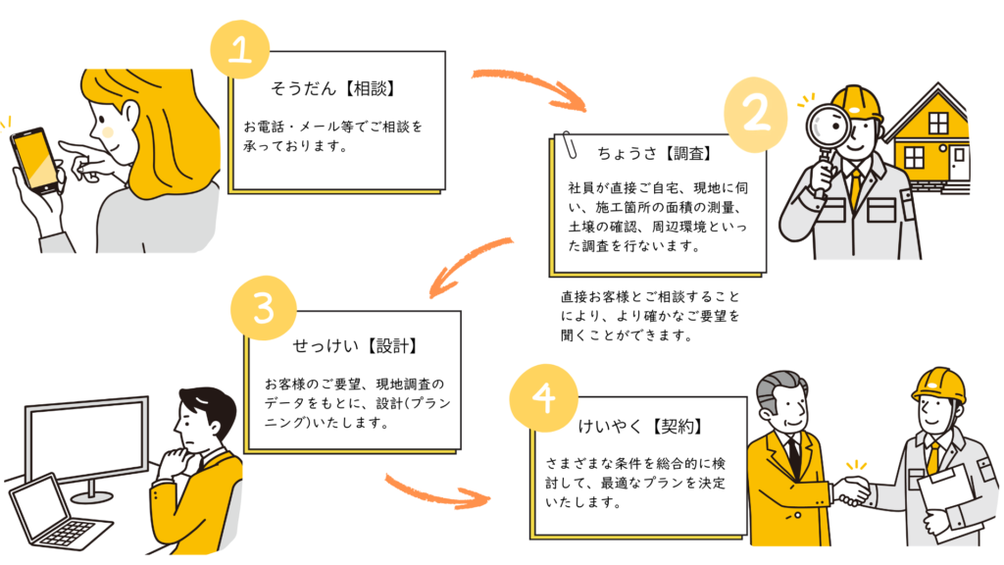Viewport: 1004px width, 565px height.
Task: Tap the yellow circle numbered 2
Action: (757, 114)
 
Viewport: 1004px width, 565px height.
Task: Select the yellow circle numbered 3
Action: (262, 308)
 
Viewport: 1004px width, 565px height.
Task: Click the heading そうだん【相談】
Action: (332, 89)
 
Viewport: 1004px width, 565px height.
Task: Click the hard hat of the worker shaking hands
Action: (939, 385)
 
